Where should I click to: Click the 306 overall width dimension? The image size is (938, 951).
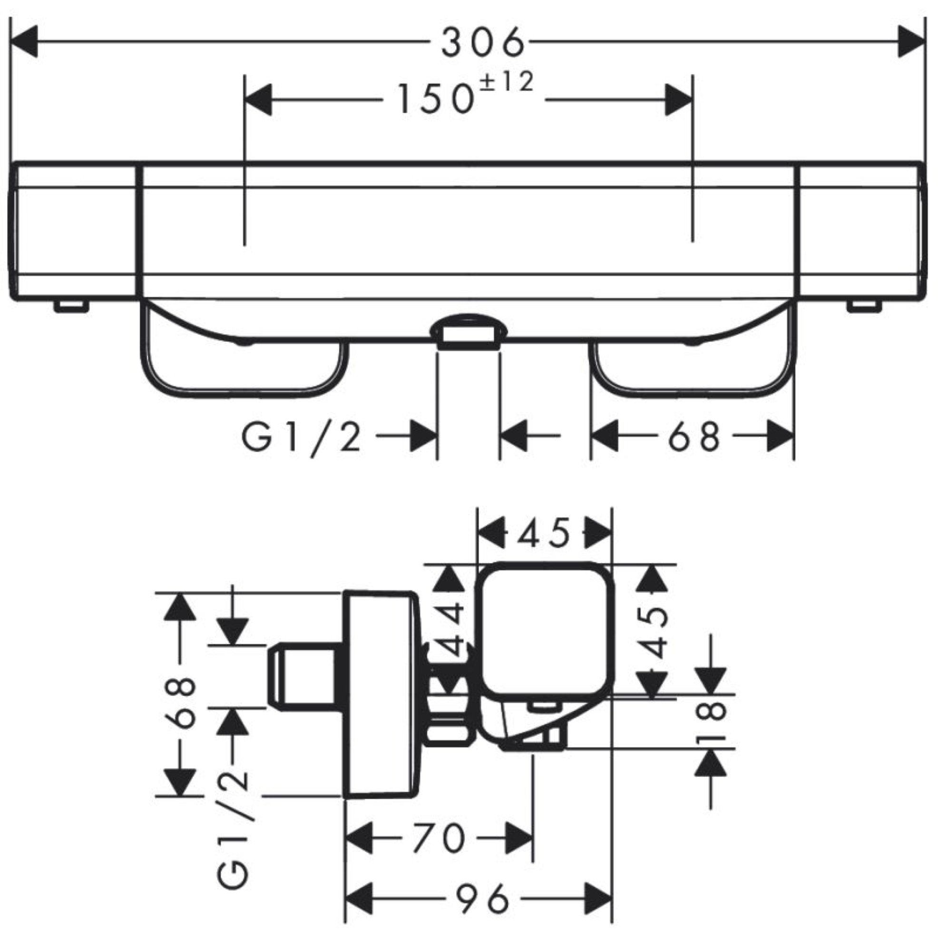[482, 42]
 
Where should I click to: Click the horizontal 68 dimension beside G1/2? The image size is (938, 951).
[694, 436]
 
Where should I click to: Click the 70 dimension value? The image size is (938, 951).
[439, 837]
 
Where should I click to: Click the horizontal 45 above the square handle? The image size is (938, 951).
[544, 534]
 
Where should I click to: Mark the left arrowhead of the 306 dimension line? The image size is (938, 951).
[24, 42]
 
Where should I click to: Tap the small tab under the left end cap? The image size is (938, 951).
[71, 306]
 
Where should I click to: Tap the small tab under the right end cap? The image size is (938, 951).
[864, 306]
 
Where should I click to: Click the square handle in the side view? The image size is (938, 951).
[545, 630]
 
